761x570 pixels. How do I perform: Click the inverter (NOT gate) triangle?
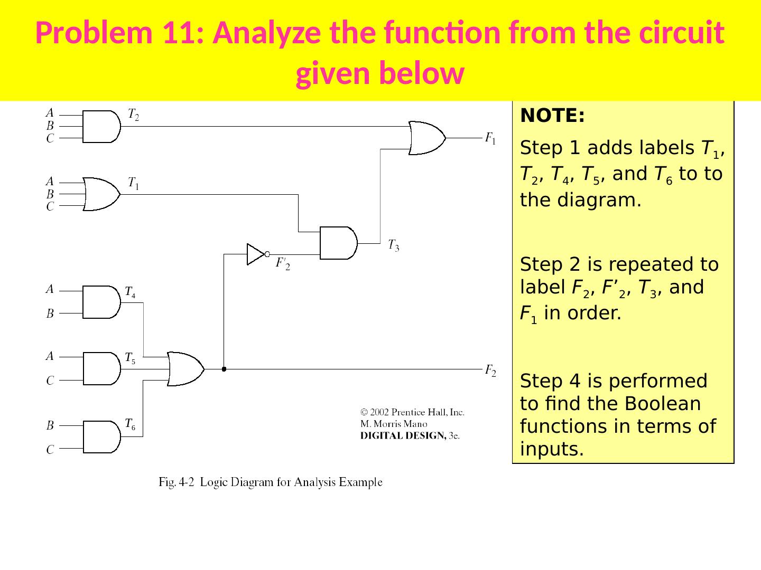pyautogui.click(x=256, y=254)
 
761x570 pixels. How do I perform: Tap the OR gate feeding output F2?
pyautogui.click(x=185, y=369)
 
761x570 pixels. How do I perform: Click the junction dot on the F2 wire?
pyautogui.click(x=224, y=369)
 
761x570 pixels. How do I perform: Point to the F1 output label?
pyautogui.click(x=490, y=139)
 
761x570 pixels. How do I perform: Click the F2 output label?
pyautogui.click(x=490, y=370)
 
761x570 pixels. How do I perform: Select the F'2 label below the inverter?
pyautogui.click(x=283, y=263)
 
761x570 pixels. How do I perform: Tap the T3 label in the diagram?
pyautogui.click(x=394, y=245)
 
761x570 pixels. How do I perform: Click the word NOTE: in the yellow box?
pyautogui.click(x=552, y=116)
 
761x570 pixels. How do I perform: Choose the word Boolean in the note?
pyautogui.click(x=662, y=404)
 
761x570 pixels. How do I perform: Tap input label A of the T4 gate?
pyautogui.click(x=50, y=289)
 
